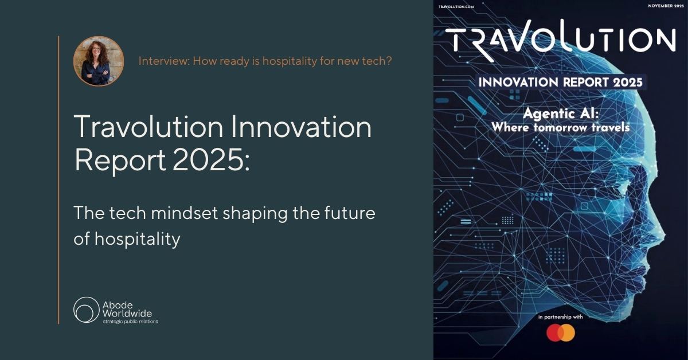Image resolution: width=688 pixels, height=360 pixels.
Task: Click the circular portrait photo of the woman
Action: (x=99, y=61)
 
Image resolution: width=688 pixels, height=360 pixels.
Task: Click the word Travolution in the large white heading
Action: (x=148, y=126)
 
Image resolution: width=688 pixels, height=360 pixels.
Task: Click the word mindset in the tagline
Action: (x=185, y=213)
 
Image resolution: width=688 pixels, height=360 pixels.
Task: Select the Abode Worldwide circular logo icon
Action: (x=87, y=310)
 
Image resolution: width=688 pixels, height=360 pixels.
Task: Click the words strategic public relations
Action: (x=130, y=322)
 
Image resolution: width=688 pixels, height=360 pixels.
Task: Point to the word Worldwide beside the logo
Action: (x=127, y=314)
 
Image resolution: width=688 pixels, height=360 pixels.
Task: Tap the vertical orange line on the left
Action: (x=58, y=179)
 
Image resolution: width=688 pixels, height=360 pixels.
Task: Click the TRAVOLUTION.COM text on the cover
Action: (x=456, y=7)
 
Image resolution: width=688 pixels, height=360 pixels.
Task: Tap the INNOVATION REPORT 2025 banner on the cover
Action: (x=561, y=83)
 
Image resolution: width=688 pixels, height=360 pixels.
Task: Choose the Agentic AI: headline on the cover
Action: (x=561, y=114)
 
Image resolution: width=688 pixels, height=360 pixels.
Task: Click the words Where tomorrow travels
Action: (x=561, y=127)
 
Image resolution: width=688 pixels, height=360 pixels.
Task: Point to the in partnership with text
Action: (x=561, y=316)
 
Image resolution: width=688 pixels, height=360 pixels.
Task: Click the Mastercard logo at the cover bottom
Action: (x=561, y=332)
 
